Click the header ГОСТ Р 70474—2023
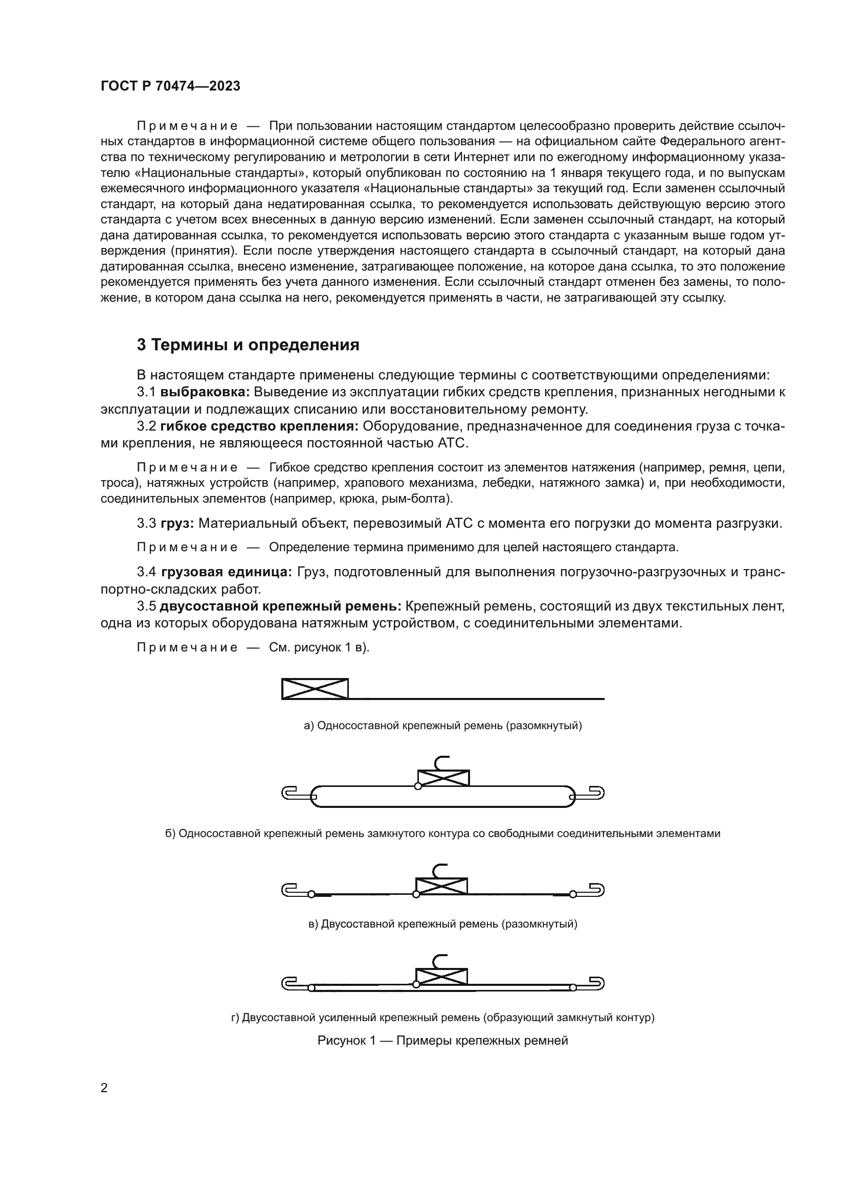170,86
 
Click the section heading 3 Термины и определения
248,345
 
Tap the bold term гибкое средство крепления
259,426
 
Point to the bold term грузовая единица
227,572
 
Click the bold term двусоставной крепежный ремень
280,606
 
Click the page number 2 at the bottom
104,1088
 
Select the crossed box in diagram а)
315,689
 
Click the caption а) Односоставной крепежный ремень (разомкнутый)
443,725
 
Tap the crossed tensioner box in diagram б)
443,778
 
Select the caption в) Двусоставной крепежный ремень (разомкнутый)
443,924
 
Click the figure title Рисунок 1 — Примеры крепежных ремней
443,1041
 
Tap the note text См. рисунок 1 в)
319,647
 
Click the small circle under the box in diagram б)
418,786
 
